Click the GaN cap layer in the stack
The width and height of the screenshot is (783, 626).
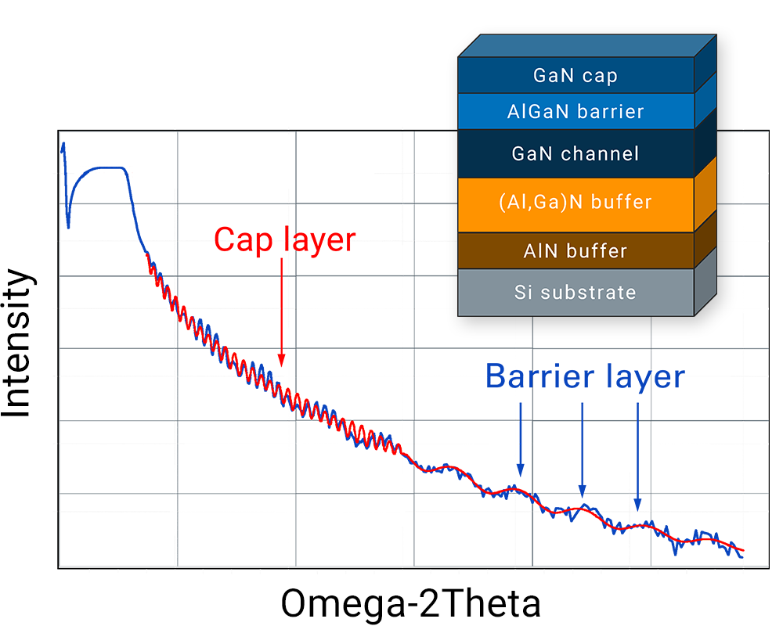(x=576, y=75)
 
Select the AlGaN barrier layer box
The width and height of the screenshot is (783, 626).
(x=576, y=111)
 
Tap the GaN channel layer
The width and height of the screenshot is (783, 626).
(x=576, y=153)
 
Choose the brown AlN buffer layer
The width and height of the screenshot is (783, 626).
(x=576, y=250)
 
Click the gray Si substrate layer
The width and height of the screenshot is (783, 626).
(x=576, y=293)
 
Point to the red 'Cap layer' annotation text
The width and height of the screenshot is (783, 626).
(x=285, y=240)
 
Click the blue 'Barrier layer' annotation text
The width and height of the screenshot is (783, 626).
(x=585, y=376)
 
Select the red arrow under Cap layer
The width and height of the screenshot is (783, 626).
(x=282, y=312)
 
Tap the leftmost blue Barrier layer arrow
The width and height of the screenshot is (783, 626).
(x=521, y=439)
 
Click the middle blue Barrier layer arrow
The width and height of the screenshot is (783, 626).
(x=583, y=450)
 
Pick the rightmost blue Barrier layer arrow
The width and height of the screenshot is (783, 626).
(x=637, y=457)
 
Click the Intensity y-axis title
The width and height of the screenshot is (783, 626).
(x=16, y=344)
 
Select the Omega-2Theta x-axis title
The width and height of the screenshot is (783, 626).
(x=410, y=603)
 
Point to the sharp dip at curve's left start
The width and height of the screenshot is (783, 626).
(x=68, y=225)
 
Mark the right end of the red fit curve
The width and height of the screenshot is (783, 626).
(x=744, y=550)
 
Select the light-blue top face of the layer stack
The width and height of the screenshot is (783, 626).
(x=587, y=46)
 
